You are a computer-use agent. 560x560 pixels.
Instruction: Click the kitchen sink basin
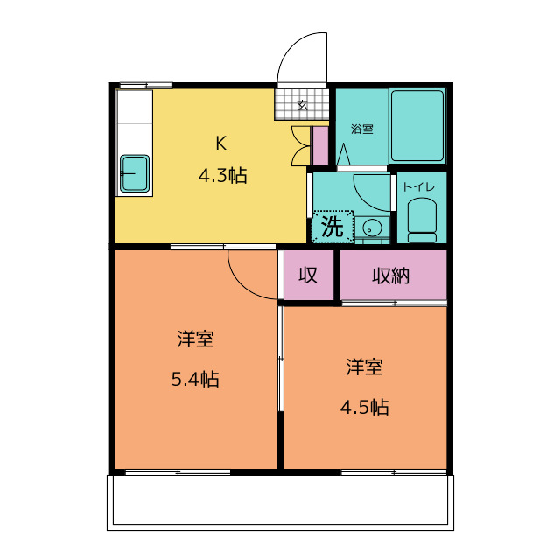(134, 173)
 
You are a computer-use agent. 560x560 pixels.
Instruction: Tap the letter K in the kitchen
(221, 143)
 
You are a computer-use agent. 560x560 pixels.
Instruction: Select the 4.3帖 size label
(222, 176)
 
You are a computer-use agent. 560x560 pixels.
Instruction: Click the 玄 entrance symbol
(303, 105)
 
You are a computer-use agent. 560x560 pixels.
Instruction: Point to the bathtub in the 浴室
(417, 126)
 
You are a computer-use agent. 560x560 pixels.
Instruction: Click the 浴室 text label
(361, 129)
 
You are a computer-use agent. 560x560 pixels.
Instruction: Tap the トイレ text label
(419, 186)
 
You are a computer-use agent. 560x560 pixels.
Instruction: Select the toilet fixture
(422, 220)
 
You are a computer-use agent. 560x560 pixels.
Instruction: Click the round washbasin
(372, 227)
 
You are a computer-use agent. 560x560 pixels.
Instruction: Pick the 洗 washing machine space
(332, 227)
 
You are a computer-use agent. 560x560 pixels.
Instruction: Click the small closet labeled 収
(309, 275)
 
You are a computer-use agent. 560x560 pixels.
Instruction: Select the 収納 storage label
(390, 276)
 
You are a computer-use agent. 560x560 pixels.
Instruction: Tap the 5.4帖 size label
(195, 379)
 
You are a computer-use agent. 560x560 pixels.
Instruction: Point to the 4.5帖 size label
(364, 407)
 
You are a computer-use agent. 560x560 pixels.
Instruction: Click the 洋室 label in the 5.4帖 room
(196, 339)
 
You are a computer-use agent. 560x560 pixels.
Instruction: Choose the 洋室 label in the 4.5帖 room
(364, 367)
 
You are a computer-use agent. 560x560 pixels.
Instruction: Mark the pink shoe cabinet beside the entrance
(319, 146)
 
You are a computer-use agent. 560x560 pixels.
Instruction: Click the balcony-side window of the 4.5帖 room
(394, 472)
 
